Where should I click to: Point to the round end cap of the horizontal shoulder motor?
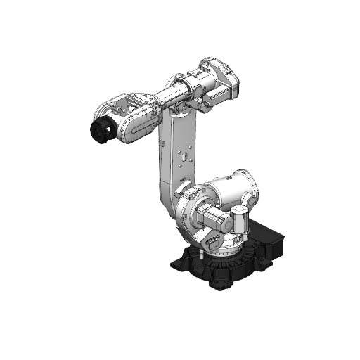(200, 215)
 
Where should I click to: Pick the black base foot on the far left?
(179, 264)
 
